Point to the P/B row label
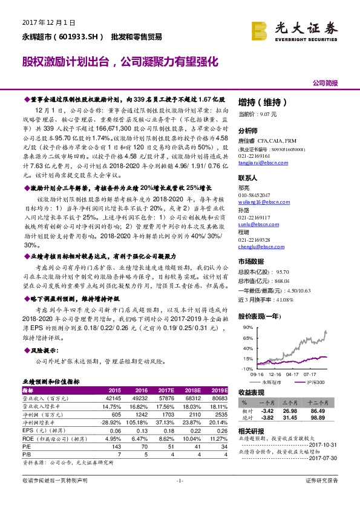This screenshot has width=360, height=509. pyautogui.click(x=27, y=453)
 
